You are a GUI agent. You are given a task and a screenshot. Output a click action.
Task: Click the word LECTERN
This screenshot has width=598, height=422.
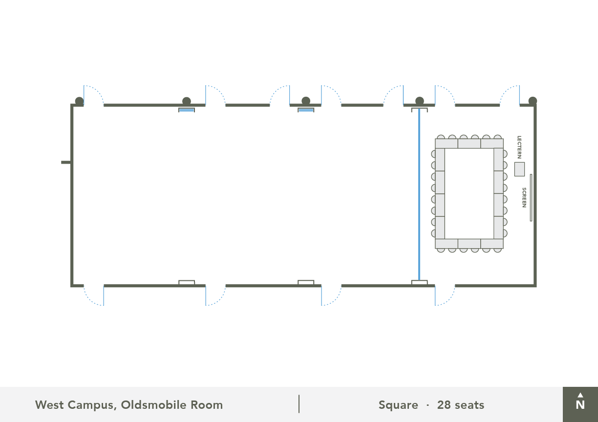point(519,147)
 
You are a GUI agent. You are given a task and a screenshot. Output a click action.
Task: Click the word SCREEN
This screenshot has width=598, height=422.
point(524,197)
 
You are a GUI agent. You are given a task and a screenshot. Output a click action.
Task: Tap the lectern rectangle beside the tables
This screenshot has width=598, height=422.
point(519,169)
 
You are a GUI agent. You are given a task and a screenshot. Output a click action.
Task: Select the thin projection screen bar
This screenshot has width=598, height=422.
point(531,197)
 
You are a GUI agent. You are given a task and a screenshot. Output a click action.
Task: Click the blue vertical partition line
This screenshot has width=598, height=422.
point(419,194)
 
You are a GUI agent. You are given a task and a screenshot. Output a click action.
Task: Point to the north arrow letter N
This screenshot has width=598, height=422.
point(580,405)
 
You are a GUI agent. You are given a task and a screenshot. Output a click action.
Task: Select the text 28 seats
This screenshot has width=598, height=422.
point(461,405)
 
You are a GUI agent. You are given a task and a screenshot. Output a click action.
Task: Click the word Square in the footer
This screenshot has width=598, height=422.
point(398,405)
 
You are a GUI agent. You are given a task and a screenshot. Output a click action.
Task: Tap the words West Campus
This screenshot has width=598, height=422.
point(76,405)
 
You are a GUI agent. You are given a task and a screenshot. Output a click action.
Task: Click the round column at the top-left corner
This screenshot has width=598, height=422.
point(79,101)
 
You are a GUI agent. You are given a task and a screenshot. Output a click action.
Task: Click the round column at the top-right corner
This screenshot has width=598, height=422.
point(533,101)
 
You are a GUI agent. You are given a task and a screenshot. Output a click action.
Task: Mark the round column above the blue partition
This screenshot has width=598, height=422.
point(420,101)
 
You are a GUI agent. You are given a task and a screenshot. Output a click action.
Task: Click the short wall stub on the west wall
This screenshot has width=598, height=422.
point(66,162)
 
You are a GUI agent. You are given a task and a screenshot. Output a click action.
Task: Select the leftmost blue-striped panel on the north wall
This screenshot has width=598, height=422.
point(187,110)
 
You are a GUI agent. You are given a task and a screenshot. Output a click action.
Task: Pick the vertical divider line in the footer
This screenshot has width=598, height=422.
point(299,404)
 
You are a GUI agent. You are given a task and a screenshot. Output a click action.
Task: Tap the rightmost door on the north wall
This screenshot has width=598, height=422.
point(510,95)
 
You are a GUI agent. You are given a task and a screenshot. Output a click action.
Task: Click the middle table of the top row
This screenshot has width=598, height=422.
point(470,144)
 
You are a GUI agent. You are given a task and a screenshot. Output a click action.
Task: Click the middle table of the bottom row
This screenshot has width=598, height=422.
point(470,244)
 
